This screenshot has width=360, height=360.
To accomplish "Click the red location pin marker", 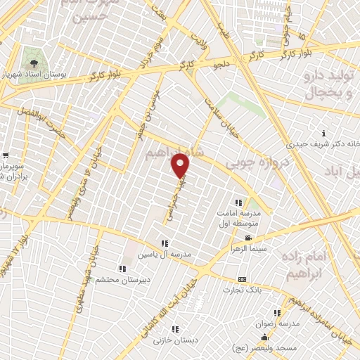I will [x=181, y=166].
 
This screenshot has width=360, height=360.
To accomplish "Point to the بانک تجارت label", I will [x=242, y=289].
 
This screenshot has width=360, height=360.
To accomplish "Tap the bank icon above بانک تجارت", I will [x=242, y=279].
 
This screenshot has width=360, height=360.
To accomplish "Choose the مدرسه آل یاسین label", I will [x=164, y=253].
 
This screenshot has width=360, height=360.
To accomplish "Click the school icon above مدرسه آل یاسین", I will [x=164, y=243].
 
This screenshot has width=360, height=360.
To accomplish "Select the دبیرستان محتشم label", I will [x=119, y=278].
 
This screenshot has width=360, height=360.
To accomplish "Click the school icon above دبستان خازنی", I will [x=174, y=328].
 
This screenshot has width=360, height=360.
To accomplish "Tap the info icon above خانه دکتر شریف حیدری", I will [x=323, y=133].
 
